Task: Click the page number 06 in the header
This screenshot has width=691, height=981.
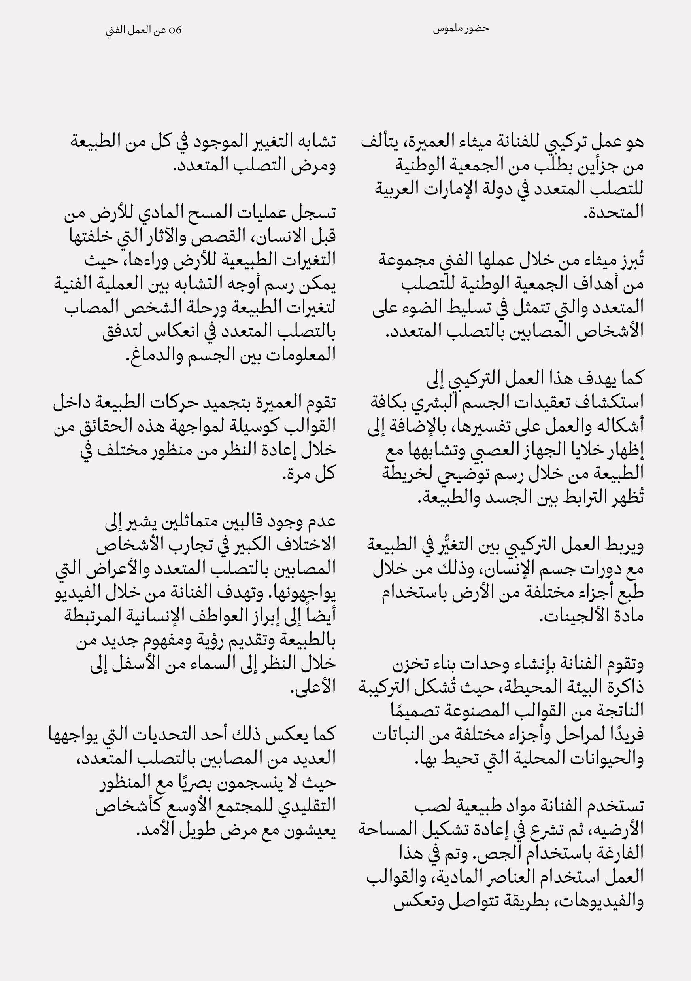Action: pos(176,31)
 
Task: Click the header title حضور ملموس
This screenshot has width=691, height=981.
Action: pos(461,29)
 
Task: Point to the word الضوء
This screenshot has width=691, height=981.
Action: pos(427,308)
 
